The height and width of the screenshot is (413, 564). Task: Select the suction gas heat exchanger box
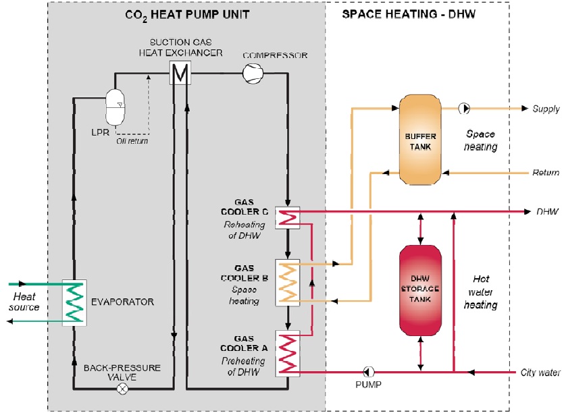coord(180,72)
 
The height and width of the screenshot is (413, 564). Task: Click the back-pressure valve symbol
coord(122,389)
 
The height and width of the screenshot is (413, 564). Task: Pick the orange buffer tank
coord(420,140)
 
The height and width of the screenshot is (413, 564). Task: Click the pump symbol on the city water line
coord(369,371)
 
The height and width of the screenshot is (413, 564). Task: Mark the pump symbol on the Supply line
coord(465,108)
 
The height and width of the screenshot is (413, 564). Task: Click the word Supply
coord(546,109)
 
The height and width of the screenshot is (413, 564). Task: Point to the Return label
coord(546,173)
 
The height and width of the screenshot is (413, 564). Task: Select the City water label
coord(540,373)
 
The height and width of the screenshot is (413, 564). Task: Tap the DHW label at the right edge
coord(547,212)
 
